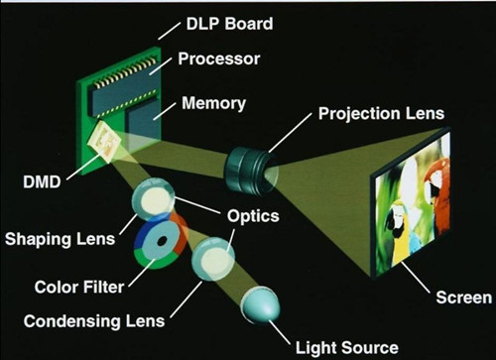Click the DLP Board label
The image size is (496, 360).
pos(229,24)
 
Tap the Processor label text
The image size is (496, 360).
pos(219,59)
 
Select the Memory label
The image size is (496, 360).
pos(213,103)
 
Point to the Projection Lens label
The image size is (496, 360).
pos(381,114)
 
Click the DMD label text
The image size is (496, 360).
pos(42,181)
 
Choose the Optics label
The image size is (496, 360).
pos(253,216)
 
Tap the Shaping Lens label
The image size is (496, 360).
pos(60,239)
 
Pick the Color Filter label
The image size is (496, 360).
pos(79,287)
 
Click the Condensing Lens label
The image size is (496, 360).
pos(94,321)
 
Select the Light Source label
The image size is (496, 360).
pos(347,348)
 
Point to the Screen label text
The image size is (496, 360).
pos(464,298)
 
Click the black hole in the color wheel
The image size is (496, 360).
pos(162,241)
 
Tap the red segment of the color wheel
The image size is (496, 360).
pos(180,235)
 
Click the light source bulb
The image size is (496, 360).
pos(261,304)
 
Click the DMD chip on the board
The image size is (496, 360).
pos(104,142)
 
